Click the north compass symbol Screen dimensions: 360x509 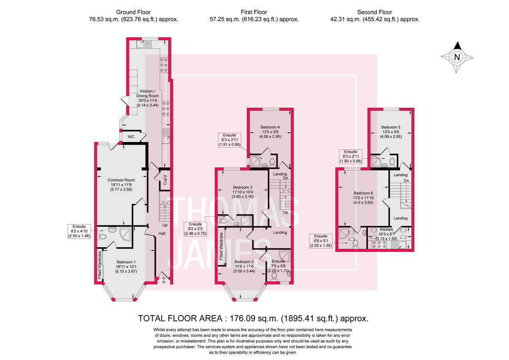456,57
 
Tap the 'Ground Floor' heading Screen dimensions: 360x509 133,12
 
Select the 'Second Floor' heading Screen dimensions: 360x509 374,12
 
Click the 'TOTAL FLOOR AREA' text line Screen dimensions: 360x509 253,318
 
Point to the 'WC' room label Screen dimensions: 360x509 131,137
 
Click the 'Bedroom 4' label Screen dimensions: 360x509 270,127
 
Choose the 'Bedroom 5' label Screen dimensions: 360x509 390,127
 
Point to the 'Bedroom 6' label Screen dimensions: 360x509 364,192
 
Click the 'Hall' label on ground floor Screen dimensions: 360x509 162,233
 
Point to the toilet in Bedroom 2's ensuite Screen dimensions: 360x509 274,276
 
